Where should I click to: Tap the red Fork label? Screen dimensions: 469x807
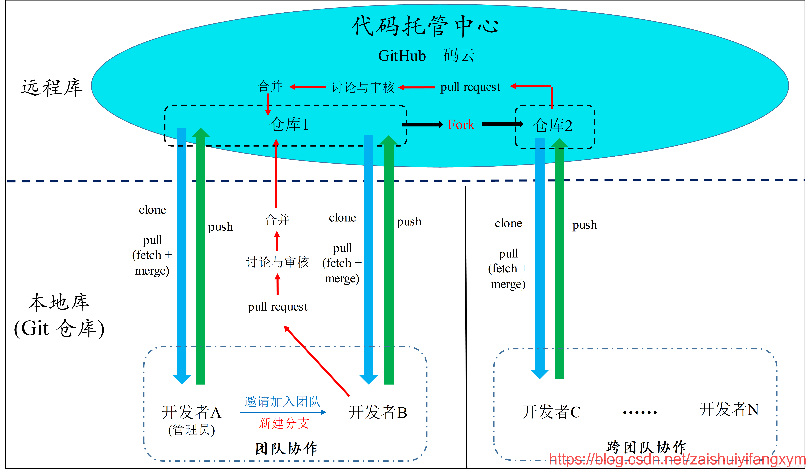[x=461, y=124]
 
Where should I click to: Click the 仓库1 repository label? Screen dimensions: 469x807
[x=289, y=124]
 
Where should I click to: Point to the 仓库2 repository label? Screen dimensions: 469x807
[x=552, y=125]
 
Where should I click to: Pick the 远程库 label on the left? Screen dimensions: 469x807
[x=52, y=87]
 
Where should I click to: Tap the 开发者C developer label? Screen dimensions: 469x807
[x=551, y=412]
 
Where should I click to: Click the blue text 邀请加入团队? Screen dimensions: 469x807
[x=282, y=401]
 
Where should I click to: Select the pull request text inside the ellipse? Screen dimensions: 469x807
[x=470, y=87]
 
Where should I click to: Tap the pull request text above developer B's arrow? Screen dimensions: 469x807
[x=277, y=307]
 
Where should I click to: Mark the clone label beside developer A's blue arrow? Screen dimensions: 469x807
[x=152, y=210]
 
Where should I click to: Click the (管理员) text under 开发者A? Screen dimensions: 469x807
[x=192, y=430]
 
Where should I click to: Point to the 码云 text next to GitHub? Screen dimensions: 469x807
[x=459, y=56]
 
